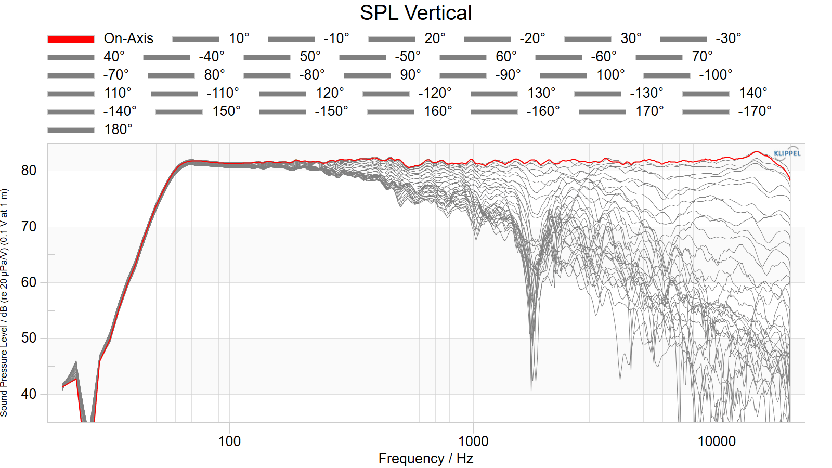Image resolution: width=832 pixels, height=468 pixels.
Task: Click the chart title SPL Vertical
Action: tap(415, 13)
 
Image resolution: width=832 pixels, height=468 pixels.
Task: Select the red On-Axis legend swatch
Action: tap(71, 39)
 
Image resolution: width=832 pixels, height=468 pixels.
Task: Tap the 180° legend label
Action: tap(118, 129)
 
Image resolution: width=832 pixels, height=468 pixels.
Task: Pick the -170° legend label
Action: tap(755, 111)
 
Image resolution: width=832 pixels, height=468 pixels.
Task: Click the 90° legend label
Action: tap(410, 75)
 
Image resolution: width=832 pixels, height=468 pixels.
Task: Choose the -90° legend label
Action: tap(508, 75)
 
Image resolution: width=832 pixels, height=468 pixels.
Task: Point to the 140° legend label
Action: tap(753, 93)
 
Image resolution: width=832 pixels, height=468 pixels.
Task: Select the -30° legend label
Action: tap(729, 38)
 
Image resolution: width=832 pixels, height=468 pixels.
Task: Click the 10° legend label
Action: tap(239, 38)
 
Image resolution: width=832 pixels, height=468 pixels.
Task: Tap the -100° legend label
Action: tap(716, 75)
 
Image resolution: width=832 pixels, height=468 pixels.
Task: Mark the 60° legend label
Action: tap(506, 57)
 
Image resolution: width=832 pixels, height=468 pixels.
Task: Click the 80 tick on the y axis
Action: tap(29, 171)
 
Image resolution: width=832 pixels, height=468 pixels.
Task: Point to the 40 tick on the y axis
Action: tap(29, 394)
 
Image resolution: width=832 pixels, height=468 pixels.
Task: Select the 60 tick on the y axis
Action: tap(29, 283)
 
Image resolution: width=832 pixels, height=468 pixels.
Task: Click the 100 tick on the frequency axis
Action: tap(229, 441)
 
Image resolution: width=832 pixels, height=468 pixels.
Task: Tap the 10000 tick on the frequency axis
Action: tap(717, 441)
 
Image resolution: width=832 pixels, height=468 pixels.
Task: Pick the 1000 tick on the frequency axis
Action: tap(473, 441)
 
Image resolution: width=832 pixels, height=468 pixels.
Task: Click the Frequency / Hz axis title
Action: tap(426, 459)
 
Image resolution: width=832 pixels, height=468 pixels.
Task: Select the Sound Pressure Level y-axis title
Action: tap(4, 303)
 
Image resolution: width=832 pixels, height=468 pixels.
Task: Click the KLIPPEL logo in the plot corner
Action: tap(787, 153)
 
